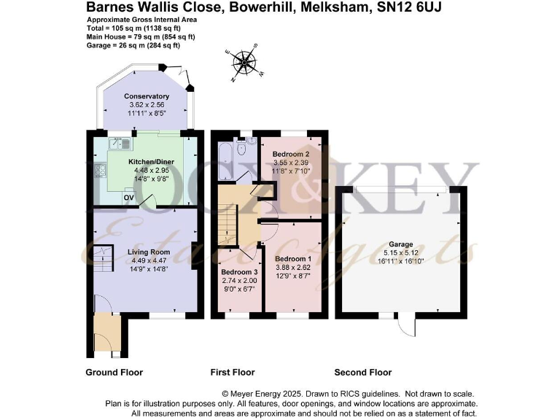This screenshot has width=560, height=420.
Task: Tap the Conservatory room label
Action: click(x=147, y=96)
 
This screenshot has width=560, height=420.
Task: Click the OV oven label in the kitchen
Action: click(x=129, y=197)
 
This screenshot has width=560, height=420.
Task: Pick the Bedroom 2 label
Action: click(x=292, y=155)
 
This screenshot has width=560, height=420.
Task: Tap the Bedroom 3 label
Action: click(x=240, y=272)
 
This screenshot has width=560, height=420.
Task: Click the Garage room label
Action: click(x=401, y=244)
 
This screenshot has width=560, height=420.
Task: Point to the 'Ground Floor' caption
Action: click(x=114, y=373)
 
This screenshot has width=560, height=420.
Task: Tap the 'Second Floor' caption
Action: click(x=363, y=373)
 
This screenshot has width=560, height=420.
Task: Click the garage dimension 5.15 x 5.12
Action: click(x=401, y=252)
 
